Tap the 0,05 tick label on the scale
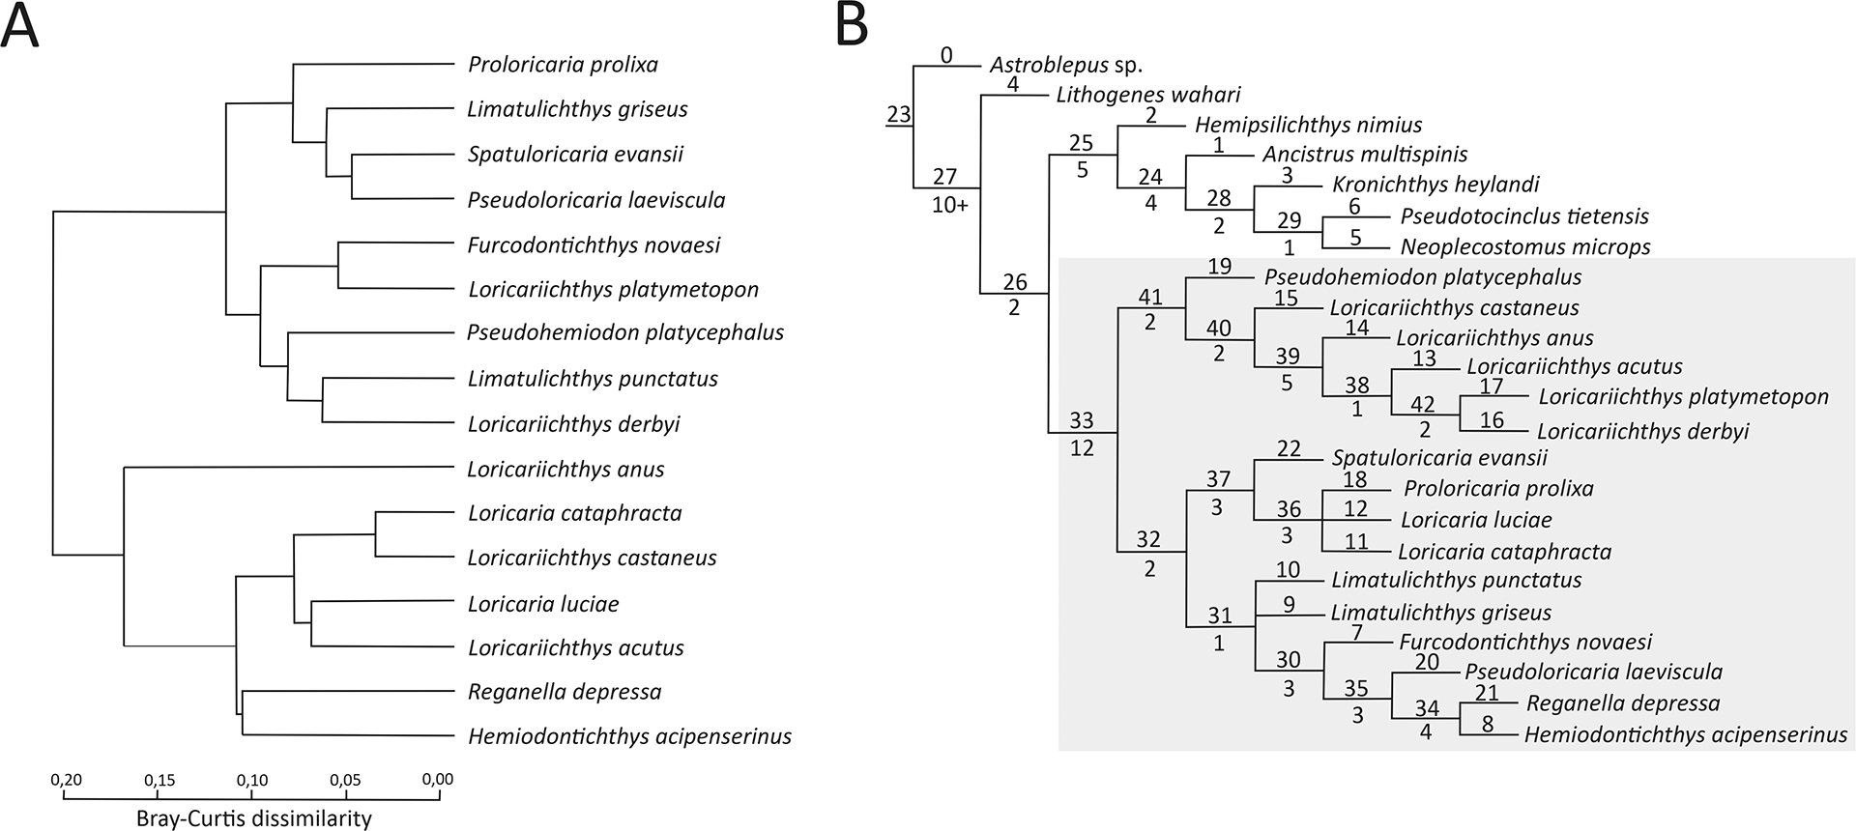point(345,780)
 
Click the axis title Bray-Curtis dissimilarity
point(253,818)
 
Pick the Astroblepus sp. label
point(1065,66)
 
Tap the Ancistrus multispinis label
point(1365,155)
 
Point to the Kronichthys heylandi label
point(1435,185)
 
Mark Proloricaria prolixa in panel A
point(563,65)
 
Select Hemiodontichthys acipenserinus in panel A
point(629,736)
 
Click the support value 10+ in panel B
point(949,205)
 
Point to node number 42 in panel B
point(1422,405)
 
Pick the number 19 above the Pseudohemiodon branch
point(1219,266)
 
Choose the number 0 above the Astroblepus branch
point(946,55)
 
